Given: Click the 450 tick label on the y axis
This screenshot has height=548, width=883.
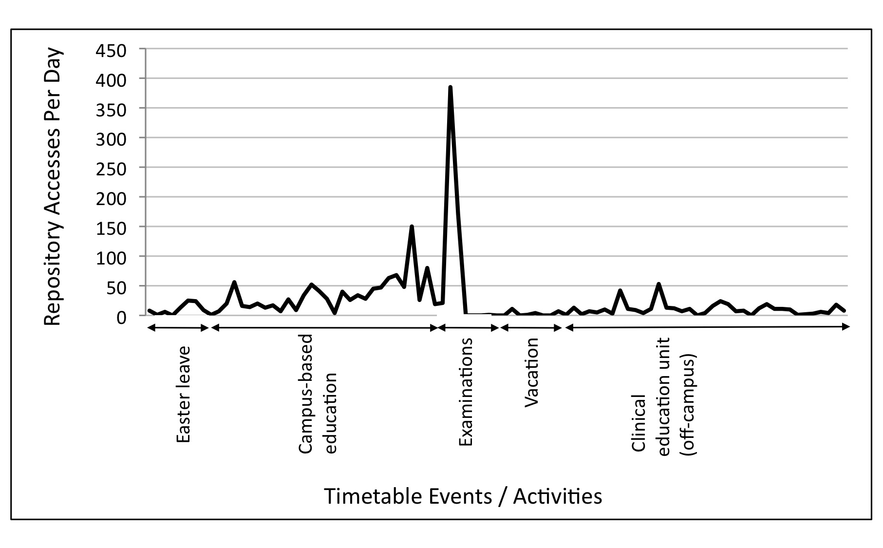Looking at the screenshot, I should pyautogui.click(x=112, y=51).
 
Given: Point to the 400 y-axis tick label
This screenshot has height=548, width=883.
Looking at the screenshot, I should pyautogui.click(x=112, y=80).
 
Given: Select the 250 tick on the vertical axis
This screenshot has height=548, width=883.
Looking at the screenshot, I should pyautogui.click(x=112, y=169).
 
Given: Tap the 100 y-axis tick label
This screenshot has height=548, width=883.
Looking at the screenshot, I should pyautogui.click(x=112, y=258).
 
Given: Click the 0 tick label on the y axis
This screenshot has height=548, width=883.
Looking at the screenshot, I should pyautogui.click(x=121, y=317).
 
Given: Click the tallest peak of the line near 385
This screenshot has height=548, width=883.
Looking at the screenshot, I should pyautogui.click(x=450, y=88).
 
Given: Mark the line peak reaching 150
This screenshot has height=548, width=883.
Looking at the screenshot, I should pyautogui.click(x=412, y=227).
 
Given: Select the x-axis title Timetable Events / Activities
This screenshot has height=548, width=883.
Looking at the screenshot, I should pyautogui.click(x=463, y=496).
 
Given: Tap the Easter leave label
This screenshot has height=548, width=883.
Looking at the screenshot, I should pyautogui.click(x=183, y=395).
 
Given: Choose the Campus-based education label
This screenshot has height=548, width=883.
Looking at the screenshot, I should pyautogui.click(x=318, y=394).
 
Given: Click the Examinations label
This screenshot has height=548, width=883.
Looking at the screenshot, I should pyautogui.click(x=466, y=392).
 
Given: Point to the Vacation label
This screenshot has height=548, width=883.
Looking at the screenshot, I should pyautogui.click(x=532, y=372).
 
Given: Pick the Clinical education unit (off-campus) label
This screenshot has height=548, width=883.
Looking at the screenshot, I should pyautogui.click(x=664, y=396).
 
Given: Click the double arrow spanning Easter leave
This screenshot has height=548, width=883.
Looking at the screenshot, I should pyautogui.click(x=178, y=328).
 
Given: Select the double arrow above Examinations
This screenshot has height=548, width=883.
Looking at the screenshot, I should pyautogui.click(x=469, y=328).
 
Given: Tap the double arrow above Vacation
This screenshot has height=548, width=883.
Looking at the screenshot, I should pyautogui.click(x=531, y=328).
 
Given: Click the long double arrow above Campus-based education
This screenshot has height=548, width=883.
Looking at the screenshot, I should pyautogui.click(x=325, y=328).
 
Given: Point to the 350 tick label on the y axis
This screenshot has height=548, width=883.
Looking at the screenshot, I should pyautogui.click(x=112, y=110).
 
